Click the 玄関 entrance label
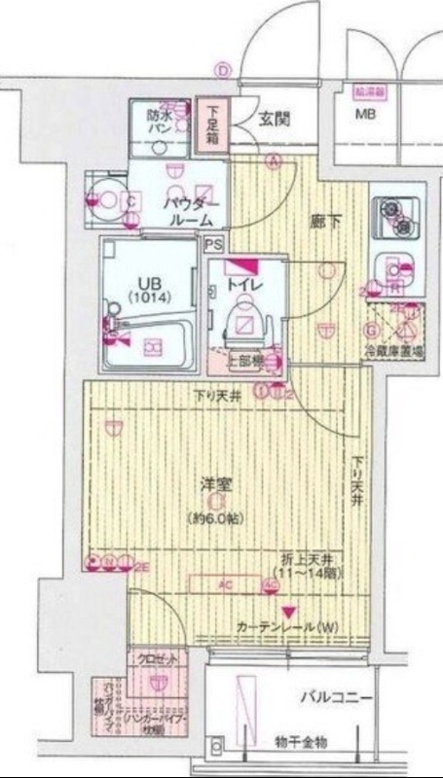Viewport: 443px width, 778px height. pyautogui.click(x=274, y=122)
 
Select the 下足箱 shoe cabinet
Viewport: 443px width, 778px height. pyautogui.click(x=212, y=124)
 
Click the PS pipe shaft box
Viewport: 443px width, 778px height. pyautogui.click(x=213, y=245)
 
